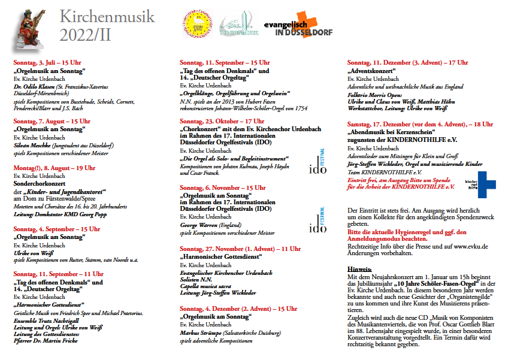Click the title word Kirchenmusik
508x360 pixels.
(x=107, y=16)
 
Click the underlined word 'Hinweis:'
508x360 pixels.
(x=359, y=269)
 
